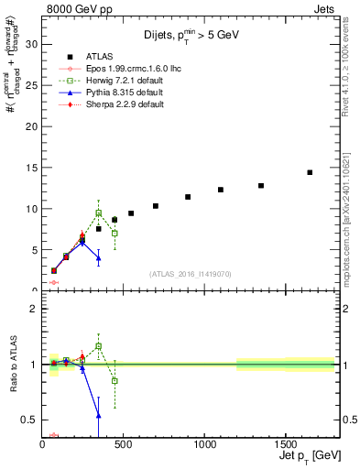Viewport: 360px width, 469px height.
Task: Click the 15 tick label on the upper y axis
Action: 32,168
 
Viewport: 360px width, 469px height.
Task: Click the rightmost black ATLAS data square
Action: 310,172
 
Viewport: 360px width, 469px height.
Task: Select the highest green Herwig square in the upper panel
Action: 99,213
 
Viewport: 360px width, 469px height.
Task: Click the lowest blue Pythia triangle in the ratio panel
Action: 99,415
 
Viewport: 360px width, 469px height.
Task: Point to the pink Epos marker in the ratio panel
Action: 54,435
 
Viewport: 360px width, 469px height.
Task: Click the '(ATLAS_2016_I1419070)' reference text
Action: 191,273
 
